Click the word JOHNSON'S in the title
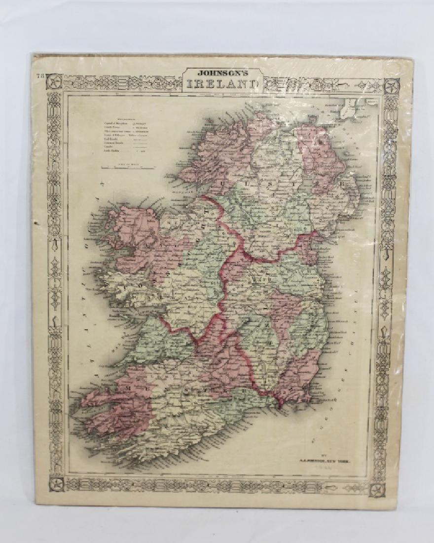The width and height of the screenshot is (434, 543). pos(222,73)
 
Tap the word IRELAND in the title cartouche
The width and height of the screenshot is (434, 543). pos(222,84)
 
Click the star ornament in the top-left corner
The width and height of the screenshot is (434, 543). pos(55,80)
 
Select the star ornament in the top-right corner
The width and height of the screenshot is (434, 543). pos(391,85)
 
